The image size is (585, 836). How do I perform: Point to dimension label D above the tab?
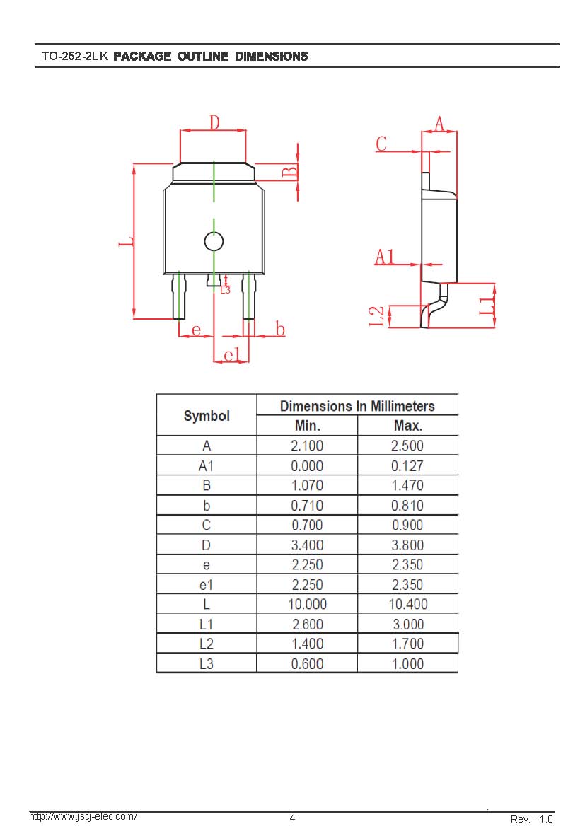(x=214, y=122)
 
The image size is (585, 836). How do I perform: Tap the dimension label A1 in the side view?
(x=385, y=257)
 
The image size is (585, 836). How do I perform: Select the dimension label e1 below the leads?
(x=232, y=354)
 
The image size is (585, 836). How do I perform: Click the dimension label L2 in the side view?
(x=376, y=315)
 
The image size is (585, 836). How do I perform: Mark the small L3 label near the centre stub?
(x=226, y=290)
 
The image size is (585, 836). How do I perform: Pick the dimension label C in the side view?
(x=381, y=144)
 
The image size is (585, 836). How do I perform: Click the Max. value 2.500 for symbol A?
(x=407, y=446)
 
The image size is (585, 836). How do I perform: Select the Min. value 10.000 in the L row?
(x=307, y=604)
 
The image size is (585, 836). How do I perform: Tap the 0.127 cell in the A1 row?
(x=407, y=466)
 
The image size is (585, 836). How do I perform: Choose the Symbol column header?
(x=207, y=416)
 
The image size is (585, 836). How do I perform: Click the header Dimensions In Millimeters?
(x=357, y=406)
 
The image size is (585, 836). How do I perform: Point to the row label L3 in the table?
(x=207, y=664)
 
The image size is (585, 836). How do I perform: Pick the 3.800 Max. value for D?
(x=407, y=545)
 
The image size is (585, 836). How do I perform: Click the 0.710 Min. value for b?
(x=307, y=506)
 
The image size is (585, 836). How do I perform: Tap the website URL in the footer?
(x=83, y=816)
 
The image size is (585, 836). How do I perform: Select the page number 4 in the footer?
(x=292, y=818)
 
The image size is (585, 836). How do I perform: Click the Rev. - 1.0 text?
(x=532, y=819)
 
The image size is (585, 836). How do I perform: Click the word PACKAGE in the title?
(x=142, y=56)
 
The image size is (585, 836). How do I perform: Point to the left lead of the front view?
(x=179, y=296)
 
